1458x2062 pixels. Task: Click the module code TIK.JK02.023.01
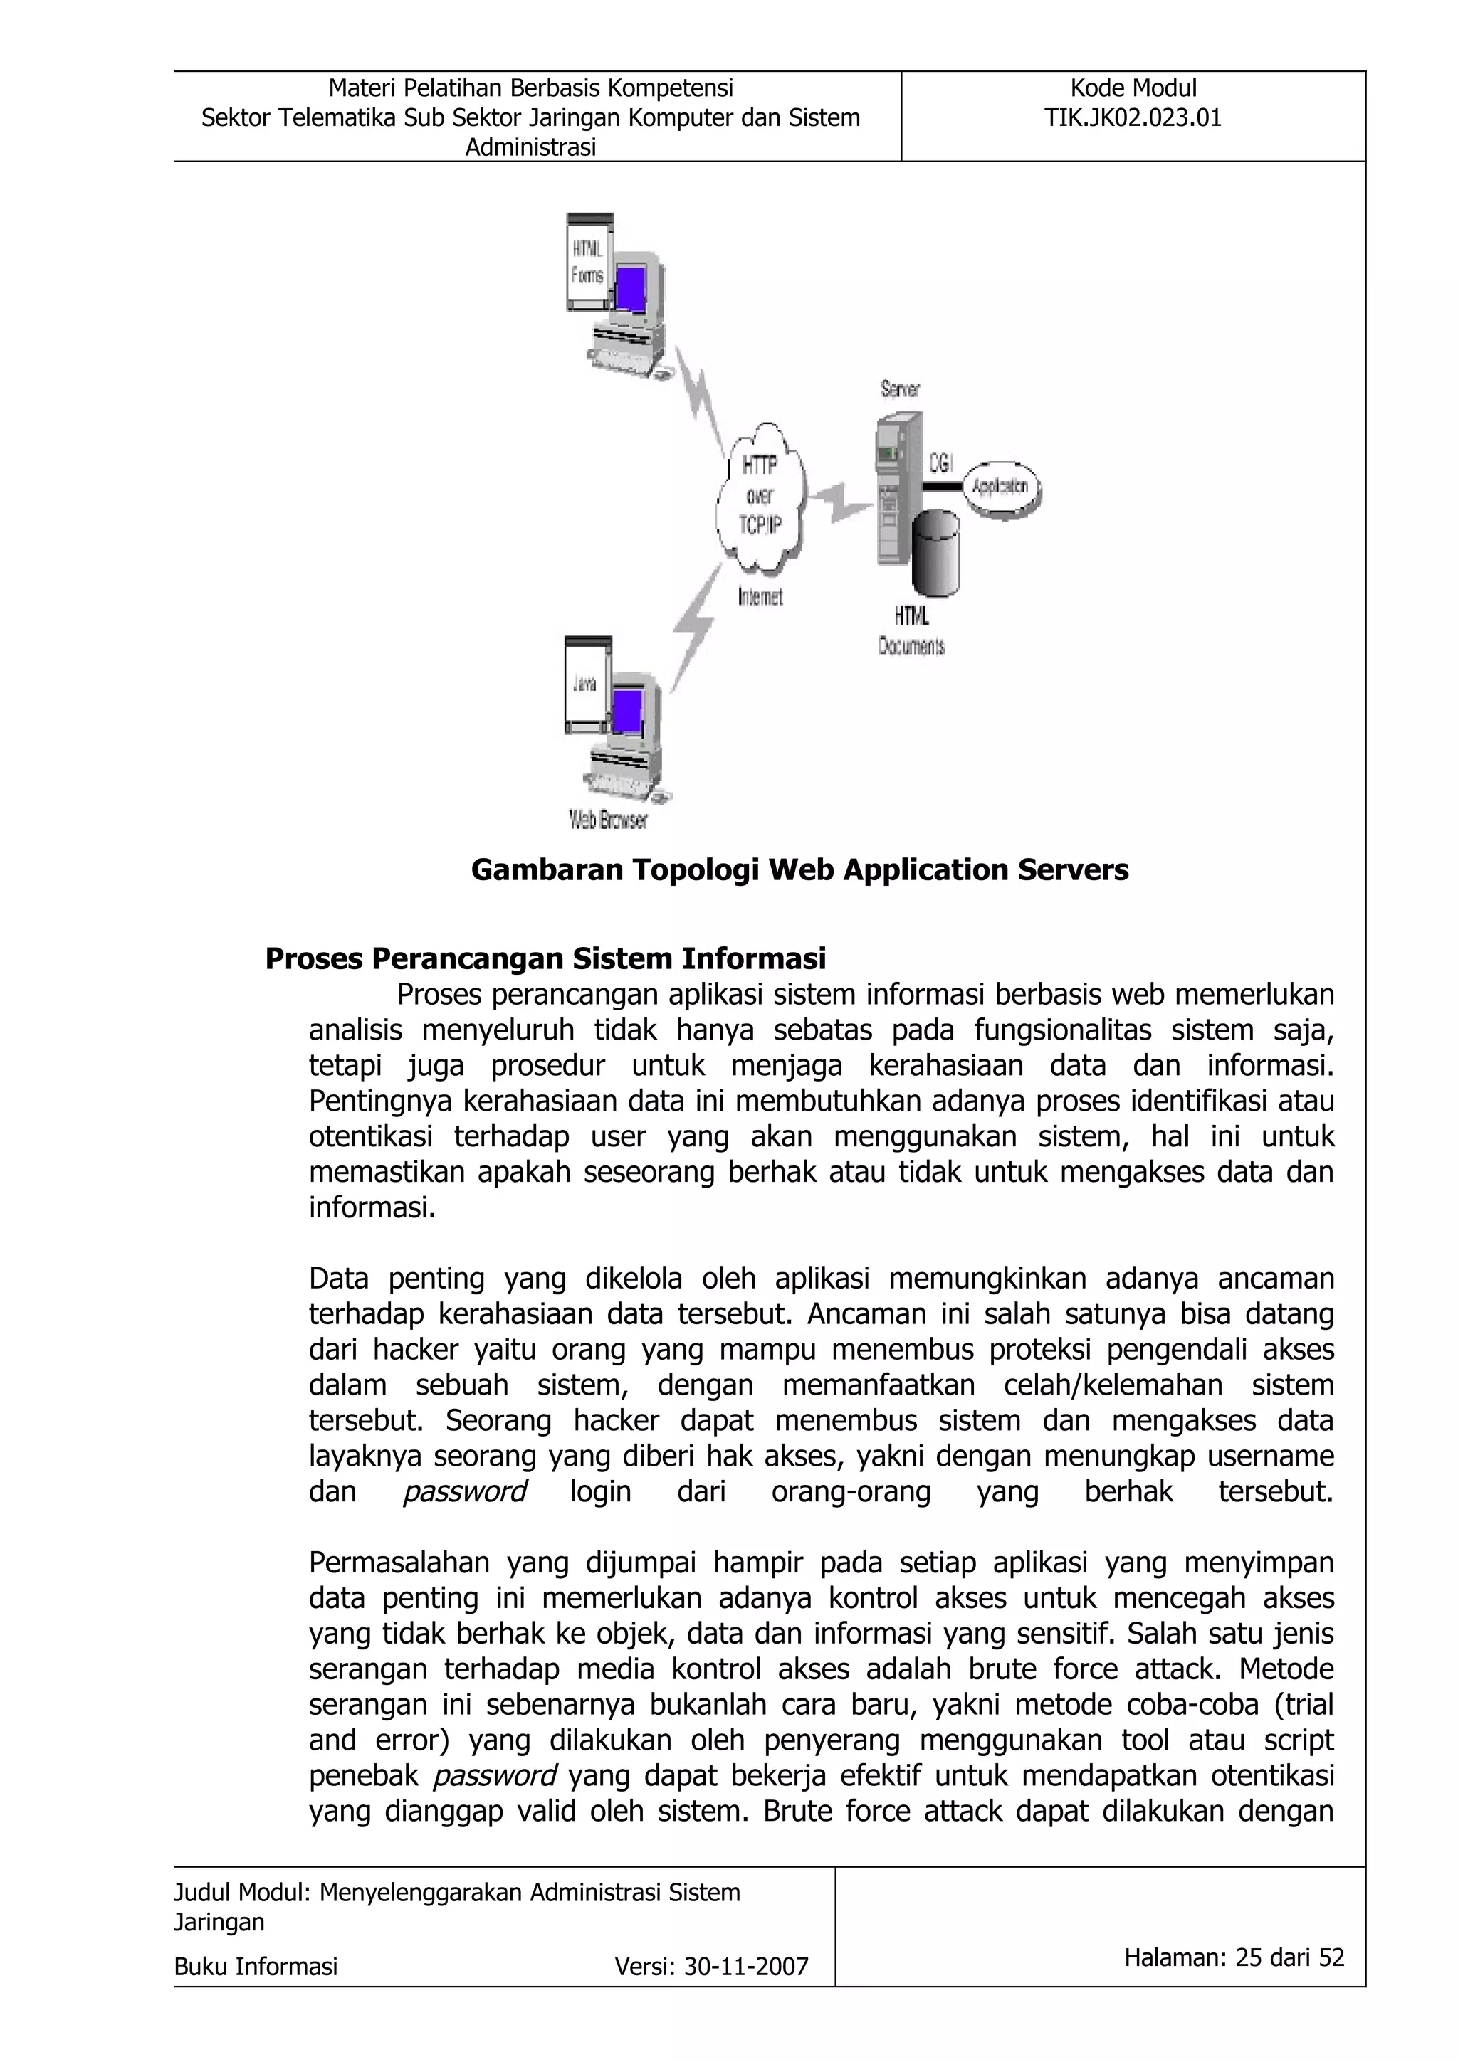[x=1132, y=117]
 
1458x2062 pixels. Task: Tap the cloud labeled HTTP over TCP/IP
[x=760, y=496]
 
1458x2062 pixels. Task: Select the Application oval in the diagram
[x=1001, y=487]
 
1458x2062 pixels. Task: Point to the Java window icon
[x=587, y=685]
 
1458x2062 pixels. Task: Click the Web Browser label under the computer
[x=608, y=820]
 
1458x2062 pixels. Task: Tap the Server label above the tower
[x=899, y=389]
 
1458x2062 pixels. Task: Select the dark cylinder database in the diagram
[x=936, y=554]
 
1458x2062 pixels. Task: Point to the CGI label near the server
[x=940, y=463]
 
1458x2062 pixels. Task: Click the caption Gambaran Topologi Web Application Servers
[x=799, y=869]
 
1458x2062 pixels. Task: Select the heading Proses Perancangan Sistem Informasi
[x=545, y=958]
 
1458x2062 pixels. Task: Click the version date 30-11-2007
[x=745, y=1967]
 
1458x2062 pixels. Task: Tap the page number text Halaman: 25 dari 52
[x=1234, y=1957]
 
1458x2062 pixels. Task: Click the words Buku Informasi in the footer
[x=256, y=1967]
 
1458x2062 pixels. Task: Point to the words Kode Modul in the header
[x=1133, y=88]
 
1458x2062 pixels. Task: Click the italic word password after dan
[x=463, y=1492]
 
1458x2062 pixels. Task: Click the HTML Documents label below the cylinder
[x=911, y=630]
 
